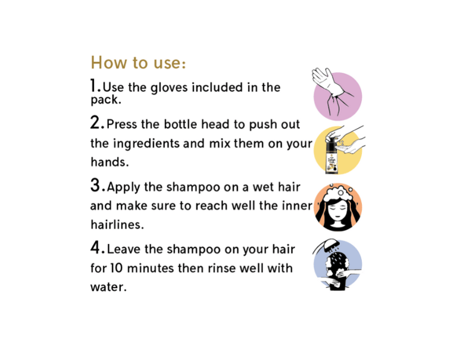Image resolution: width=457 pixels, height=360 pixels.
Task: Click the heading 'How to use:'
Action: pos(138,62)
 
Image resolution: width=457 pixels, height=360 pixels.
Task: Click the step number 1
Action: pos(94,86)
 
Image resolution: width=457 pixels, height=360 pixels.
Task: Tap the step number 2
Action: pos(95,123)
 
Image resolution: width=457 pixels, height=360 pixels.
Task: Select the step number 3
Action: pos(96,185)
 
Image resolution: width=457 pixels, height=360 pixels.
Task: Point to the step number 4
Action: pos(96,248)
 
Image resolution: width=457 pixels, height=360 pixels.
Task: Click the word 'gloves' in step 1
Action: pos(169,87)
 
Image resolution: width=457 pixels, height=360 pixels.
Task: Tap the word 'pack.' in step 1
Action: pos(106,100)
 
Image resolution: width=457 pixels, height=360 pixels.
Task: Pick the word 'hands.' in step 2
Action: pos(109,162)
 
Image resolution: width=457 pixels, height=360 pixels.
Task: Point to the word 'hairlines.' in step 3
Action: pos(117,225)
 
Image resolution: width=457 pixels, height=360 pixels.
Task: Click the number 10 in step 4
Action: pos(116,268)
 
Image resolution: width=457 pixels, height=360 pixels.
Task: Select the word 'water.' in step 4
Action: pos(108,287)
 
